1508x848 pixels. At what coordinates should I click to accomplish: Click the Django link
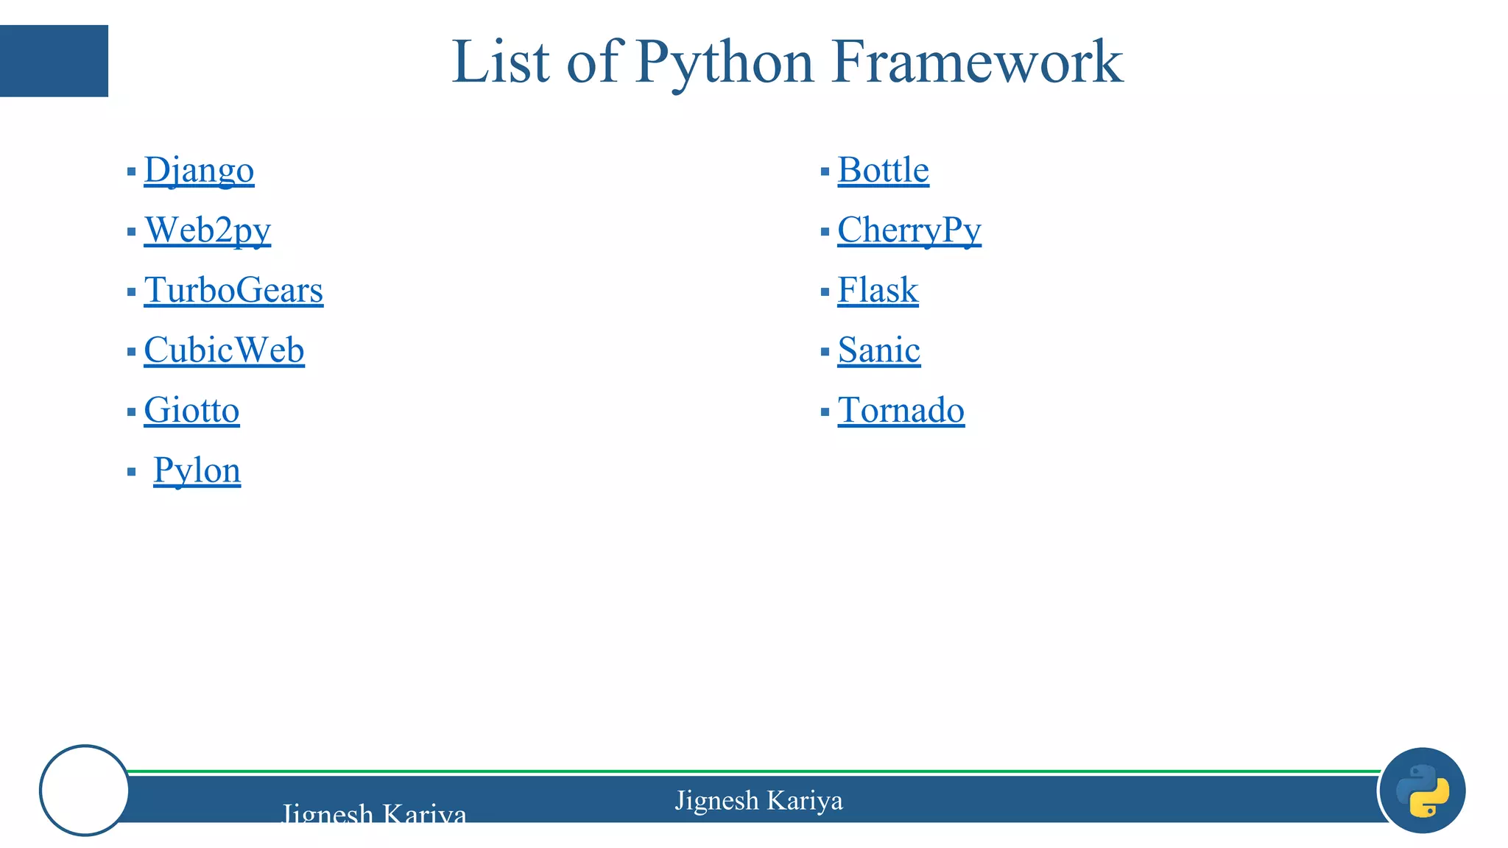coord(199,170)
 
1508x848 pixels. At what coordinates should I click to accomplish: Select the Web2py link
coord(208,230)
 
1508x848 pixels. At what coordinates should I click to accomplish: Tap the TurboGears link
coord(233,290)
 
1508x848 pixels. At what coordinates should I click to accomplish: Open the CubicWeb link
coord(224,350)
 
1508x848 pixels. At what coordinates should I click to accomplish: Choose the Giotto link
coord(191,410)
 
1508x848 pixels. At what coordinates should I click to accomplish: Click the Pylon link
coord(197,470)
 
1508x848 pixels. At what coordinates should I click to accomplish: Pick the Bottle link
coord(883,170)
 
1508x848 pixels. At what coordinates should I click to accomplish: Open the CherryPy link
coord(909,230)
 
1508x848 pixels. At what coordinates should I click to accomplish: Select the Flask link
coord(878,290)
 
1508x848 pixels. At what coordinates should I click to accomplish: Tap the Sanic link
coord(878,350)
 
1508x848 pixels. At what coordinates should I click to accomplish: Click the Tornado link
coord(901,410)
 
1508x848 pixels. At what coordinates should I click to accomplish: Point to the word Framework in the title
coord(976,62)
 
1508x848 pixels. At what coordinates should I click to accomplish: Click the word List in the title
coord(501,62)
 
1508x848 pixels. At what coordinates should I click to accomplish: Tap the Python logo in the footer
coord(1423,791)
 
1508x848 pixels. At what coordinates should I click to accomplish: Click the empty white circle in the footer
coord(85,791)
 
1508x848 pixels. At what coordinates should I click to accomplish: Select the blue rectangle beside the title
coord(54,60)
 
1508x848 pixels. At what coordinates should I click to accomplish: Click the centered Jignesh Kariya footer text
coord(758,800)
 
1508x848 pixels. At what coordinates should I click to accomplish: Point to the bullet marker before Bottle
coord(825,172)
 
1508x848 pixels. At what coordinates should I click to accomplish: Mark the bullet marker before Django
coord(131,172)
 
